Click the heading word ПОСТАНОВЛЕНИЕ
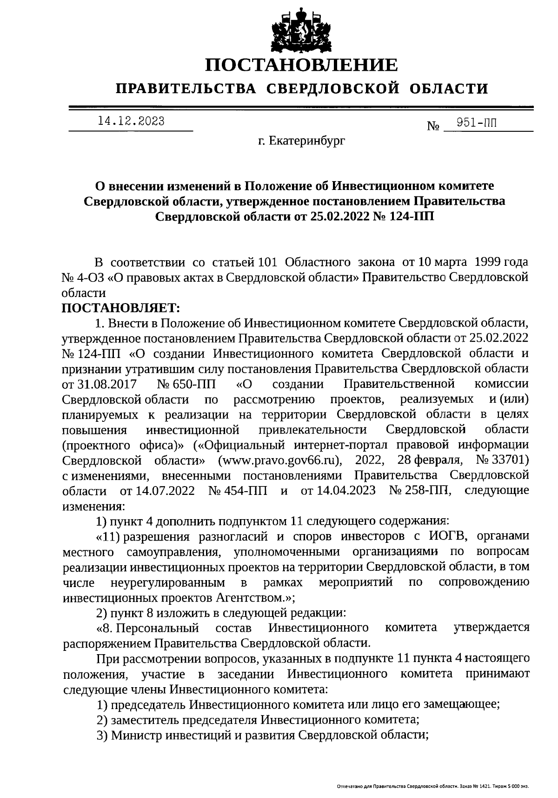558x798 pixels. [x=302, y=65]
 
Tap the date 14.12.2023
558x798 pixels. [x=131, y=122]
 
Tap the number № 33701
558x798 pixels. [x=502, y=460]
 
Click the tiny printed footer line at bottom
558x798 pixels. [x=432, y=786]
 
